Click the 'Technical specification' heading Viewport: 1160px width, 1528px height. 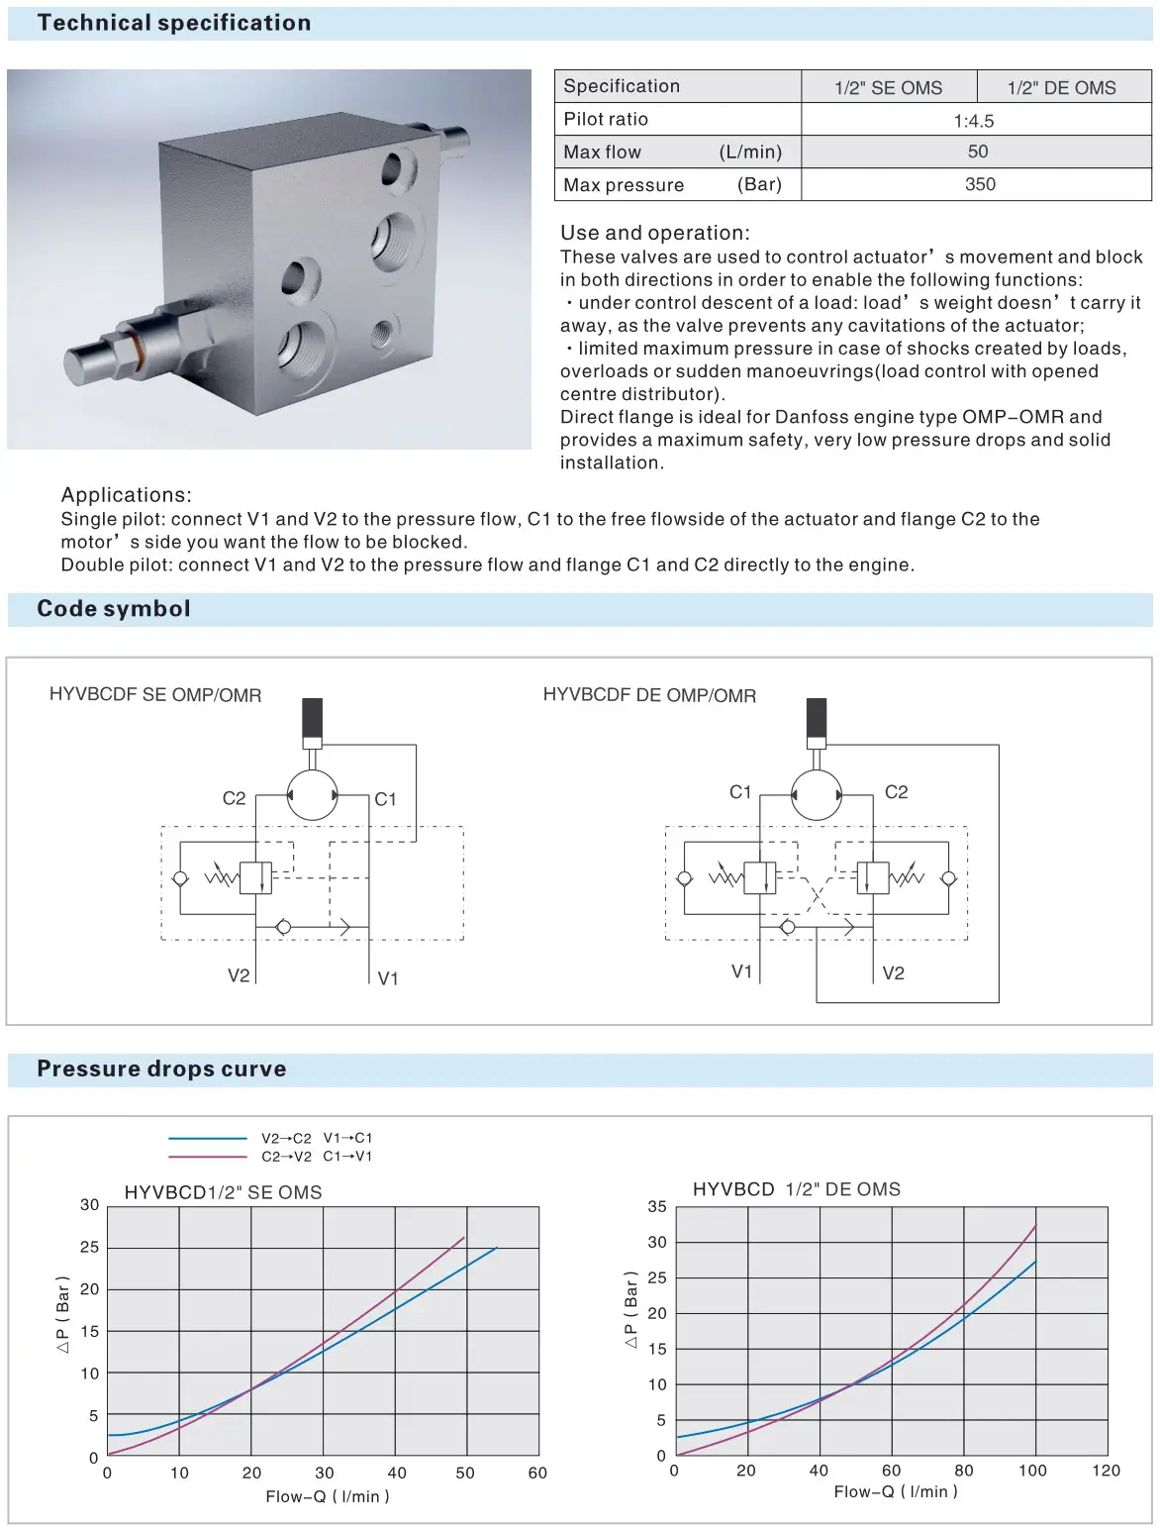(173, 23)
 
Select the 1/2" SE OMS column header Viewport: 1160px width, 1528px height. (888, 88)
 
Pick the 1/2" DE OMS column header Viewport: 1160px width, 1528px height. (1061, 88)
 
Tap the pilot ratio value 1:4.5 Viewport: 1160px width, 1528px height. (974, 121)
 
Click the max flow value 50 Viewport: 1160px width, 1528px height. (978, 152)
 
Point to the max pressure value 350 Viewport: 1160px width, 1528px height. (980, 184)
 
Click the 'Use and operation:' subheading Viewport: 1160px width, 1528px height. (655, 233)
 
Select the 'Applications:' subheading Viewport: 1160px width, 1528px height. (127, 495)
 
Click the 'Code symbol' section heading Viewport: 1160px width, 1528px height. (114, 609)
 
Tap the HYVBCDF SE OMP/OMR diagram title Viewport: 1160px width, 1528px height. (155, 695)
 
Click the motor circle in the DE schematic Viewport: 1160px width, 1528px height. (817, 795)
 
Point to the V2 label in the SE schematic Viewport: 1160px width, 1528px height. (239, 975)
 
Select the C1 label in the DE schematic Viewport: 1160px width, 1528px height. (740, 792)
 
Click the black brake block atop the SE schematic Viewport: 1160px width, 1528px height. (312, 718)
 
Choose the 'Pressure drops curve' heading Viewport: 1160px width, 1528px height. (161, 1070)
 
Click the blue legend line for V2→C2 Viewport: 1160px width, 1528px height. (208, 1139)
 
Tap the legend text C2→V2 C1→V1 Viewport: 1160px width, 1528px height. (317, 1157)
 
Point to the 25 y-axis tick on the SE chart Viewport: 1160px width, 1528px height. (90, 1248)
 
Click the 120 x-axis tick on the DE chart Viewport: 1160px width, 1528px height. (1106, 1471)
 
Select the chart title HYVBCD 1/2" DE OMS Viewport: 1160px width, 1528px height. (797, 1189)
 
